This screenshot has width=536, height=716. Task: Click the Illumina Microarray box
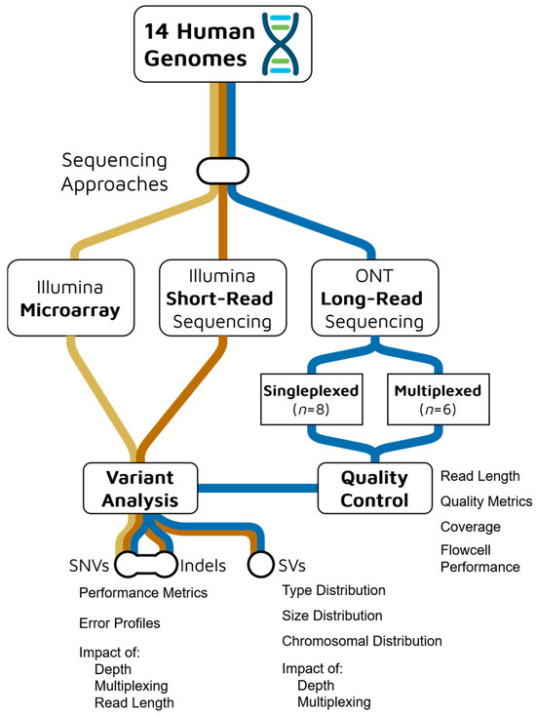point(72,298)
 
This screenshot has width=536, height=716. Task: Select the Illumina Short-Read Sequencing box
point(223,298)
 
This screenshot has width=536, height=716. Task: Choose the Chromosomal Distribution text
point(362,641)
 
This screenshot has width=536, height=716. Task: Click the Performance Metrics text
point(143,591)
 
